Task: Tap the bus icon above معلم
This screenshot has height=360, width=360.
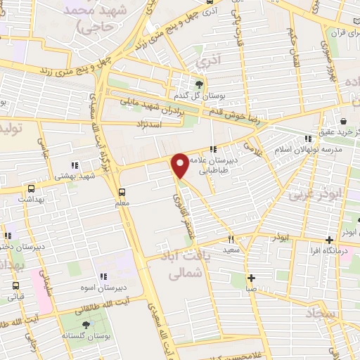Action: [x=122, y=192]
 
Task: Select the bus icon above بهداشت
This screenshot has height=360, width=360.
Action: [x=31, y=188]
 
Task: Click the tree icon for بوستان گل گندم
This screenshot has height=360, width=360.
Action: [x=199, y=85]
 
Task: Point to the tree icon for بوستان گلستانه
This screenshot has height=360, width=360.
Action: [x=86, y=325]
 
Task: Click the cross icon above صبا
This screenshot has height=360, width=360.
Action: [x=251, y=277]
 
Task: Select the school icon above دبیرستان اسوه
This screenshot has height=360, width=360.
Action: [x=104, y=276]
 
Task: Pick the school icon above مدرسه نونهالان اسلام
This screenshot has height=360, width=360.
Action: [x=308, y=139]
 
